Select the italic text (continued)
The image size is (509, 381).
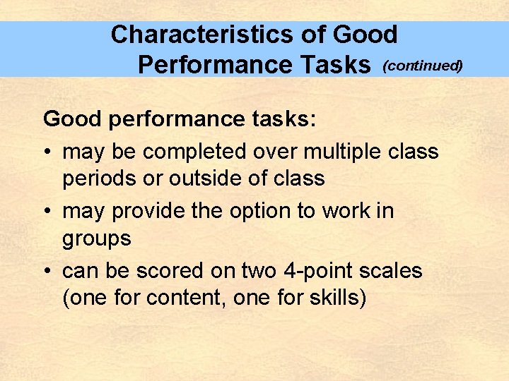[422, 66]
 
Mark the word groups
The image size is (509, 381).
[97, 238]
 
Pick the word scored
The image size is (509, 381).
[173, 271]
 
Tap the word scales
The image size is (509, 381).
[391, 271]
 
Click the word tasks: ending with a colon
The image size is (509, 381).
[283, 119]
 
